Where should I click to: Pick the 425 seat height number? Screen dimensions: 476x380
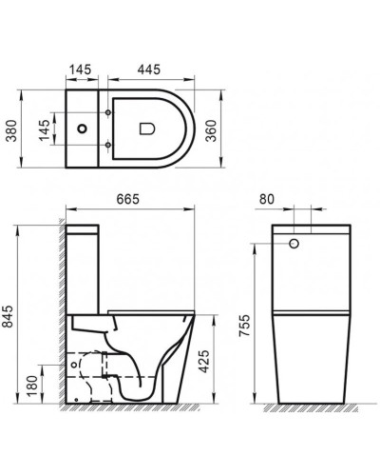click(x=216, y=361)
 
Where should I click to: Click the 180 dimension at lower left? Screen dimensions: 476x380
click(x=33, y=385)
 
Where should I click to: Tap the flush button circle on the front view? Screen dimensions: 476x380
click(x=294, y=245)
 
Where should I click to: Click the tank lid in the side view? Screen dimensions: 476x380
click(x=85, y=229)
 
